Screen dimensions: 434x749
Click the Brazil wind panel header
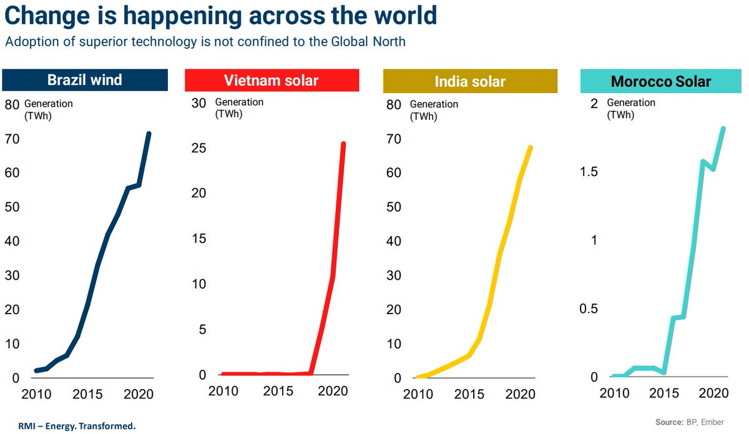85,81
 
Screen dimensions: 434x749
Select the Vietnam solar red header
272,81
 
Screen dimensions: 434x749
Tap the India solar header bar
469,81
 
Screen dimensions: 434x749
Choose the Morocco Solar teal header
661,81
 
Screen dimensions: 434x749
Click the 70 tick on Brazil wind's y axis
12,139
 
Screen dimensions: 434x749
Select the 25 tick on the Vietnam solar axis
199,148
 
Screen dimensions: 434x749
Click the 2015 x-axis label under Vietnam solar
278,392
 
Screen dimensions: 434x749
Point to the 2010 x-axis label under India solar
418,395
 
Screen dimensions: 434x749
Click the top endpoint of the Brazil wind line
149,134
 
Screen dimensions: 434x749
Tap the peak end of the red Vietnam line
343,144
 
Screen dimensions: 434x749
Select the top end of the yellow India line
531,148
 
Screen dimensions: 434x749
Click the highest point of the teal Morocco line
723,129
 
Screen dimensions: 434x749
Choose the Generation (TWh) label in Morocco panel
630,108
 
